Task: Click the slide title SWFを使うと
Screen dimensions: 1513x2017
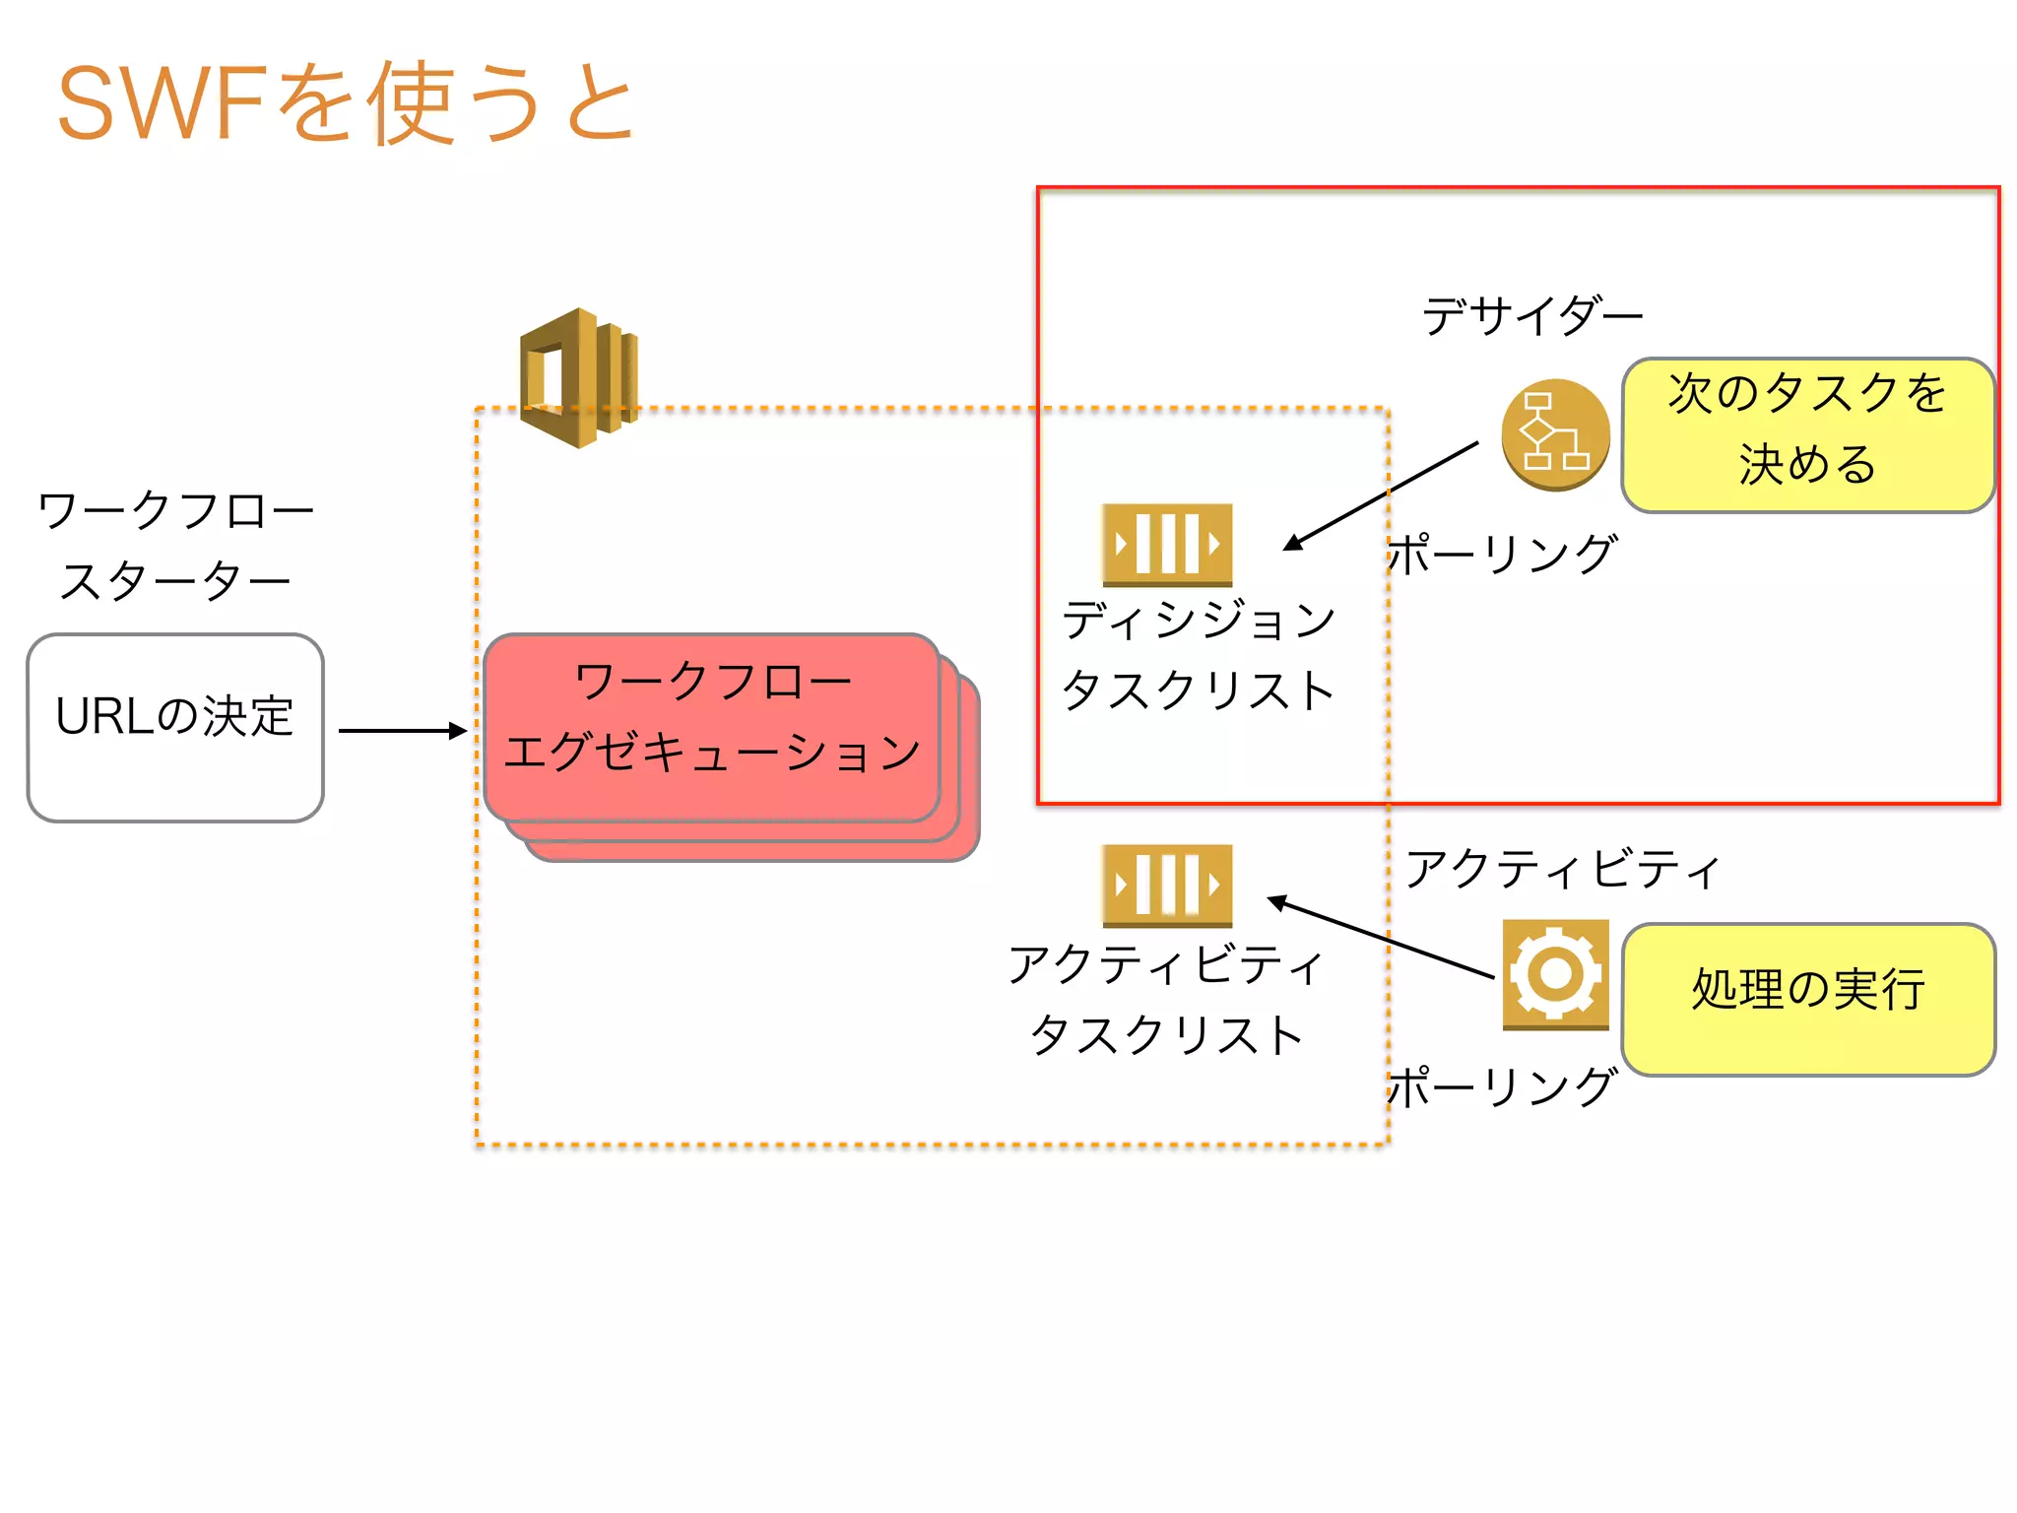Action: [345, 103]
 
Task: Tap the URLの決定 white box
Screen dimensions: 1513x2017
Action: [175, 727]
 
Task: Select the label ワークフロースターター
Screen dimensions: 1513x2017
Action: [175, 545]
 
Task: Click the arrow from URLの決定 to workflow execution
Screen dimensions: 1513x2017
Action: [402, 731]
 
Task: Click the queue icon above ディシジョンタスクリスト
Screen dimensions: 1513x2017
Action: [1167, 544]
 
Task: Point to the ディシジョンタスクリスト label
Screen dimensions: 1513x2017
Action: [1198, 655]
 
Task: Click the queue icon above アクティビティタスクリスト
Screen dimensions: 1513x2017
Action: [1167, 885]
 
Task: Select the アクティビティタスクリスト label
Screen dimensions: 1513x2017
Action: [1166, 1000]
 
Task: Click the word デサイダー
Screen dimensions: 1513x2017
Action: [1532, 316]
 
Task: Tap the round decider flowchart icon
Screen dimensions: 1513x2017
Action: [1555, 434]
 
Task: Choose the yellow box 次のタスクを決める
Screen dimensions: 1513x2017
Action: [1808, 434]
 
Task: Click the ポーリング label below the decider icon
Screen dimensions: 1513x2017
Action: [1502, 555]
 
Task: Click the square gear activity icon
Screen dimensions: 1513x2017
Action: [1555, 974]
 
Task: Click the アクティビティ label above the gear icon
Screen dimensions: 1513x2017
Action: [1562, 869]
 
